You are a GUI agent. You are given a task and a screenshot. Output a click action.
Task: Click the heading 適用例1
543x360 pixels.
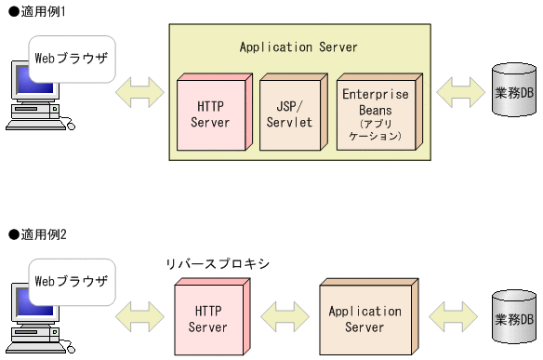[37, 9]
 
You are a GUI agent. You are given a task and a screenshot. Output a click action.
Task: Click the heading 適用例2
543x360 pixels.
[37, 234]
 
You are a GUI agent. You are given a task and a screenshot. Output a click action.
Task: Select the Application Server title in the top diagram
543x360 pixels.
[298, 47]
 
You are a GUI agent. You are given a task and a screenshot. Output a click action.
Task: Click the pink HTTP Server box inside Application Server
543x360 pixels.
[210, 113]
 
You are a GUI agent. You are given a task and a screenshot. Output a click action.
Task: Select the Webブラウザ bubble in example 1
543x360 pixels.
[72, 57]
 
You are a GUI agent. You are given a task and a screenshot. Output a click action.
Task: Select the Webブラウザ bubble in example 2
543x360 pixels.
[72, 281]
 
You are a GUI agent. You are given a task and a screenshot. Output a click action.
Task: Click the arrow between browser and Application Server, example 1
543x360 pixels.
[139, 93]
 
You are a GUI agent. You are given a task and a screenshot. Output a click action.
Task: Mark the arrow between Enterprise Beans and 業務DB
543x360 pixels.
[458, 93]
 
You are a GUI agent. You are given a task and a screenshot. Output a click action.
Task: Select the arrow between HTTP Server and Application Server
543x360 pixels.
[286, 318]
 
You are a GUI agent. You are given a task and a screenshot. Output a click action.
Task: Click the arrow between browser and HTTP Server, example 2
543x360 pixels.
[139, 318]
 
